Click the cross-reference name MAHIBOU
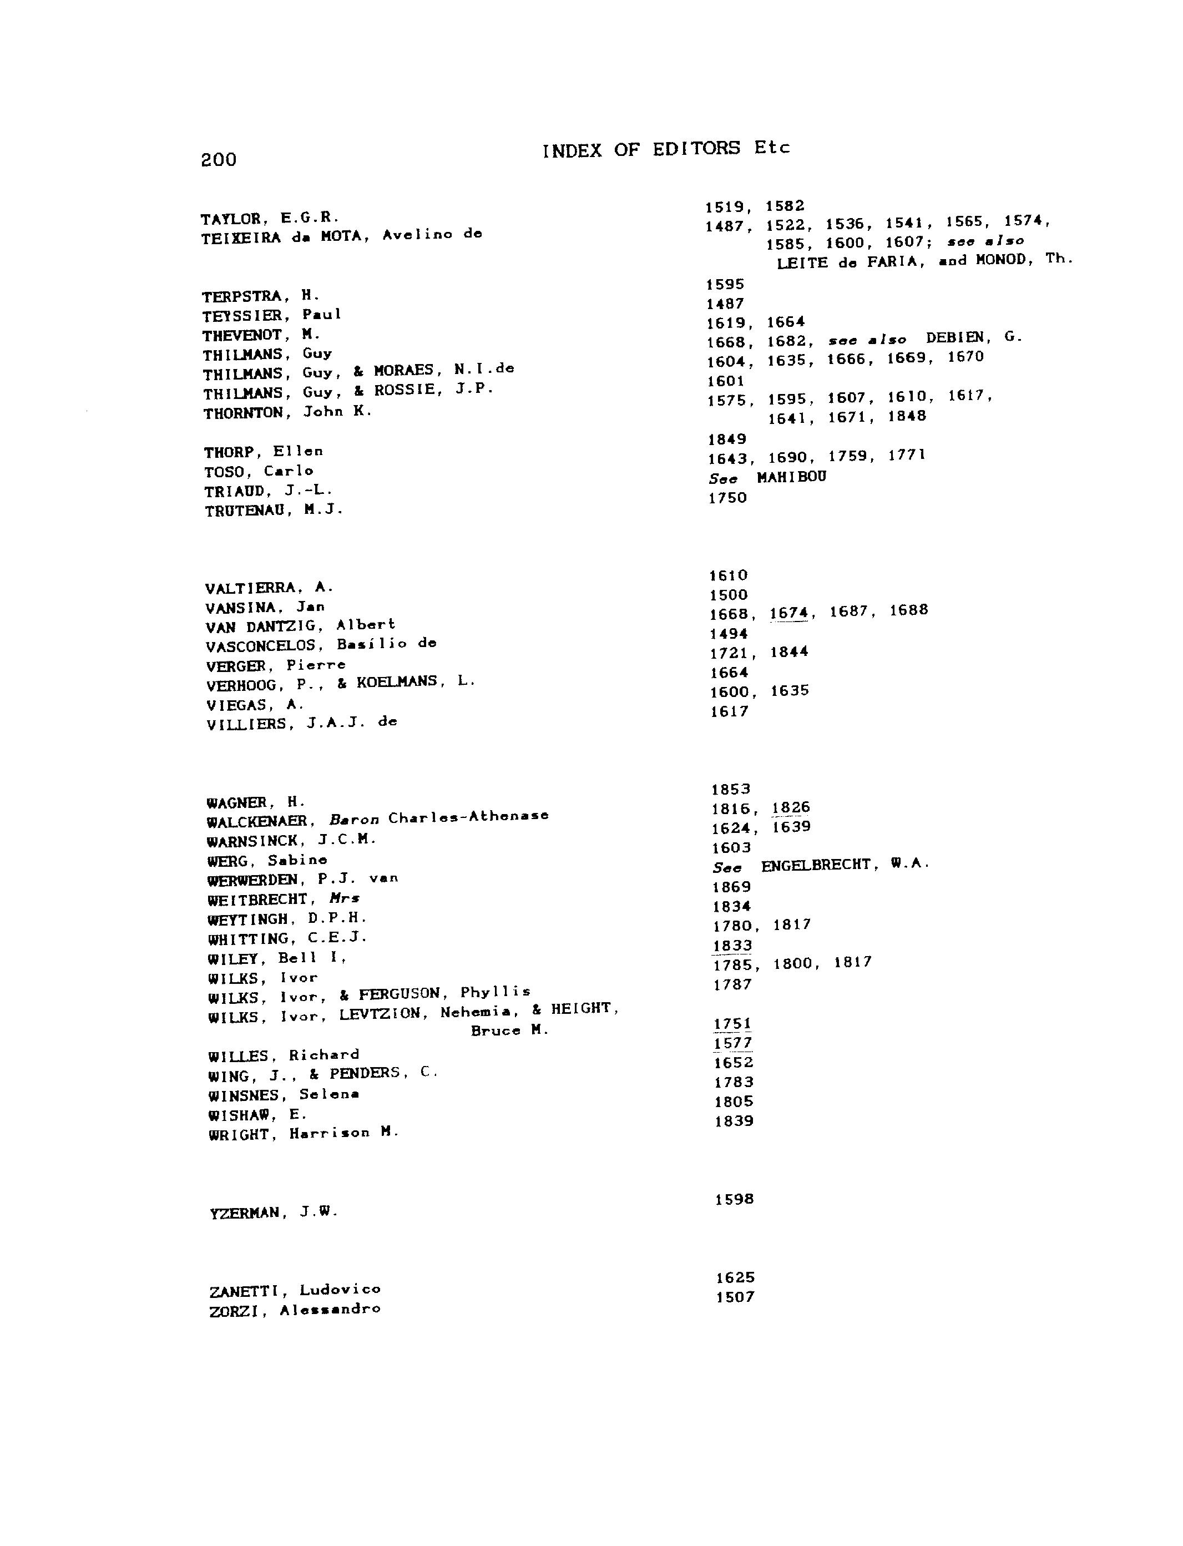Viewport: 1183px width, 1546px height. (791, 477)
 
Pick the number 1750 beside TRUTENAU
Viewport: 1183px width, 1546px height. (727, 498)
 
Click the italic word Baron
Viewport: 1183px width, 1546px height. (354, 820)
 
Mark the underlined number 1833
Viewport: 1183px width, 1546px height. (732, 946)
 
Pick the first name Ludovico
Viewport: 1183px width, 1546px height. (340, 1290)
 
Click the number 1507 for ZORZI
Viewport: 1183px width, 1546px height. (735, 1297)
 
